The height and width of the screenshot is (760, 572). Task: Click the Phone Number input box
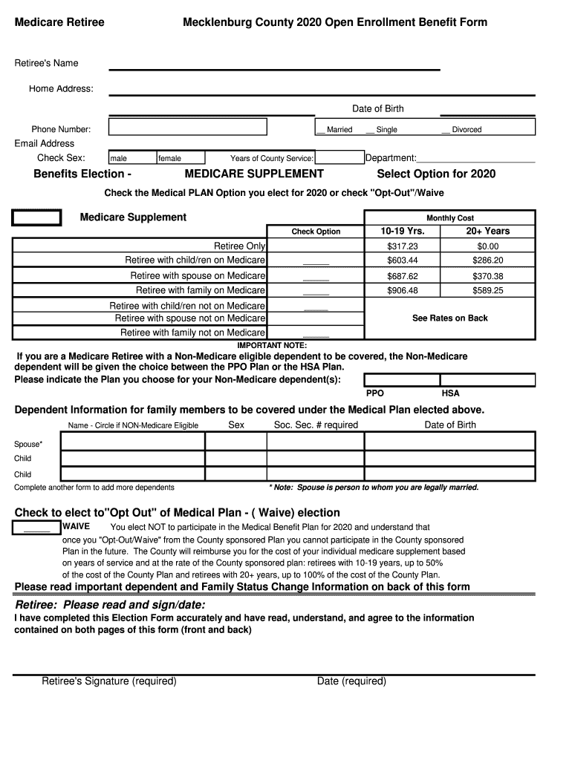tap(187, 128)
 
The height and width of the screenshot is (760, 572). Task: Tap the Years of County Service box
tap(339, 157)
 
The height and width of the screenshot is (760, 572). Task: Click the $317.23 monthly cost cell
tap(403, 246)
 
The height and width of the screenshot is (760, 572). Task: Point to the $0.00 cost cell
tap(488, 246)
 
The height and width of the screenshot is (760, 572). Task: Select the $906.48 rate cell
tap(403, 291)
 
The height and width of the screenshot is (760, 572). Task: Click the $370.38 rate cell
tap(488, 276)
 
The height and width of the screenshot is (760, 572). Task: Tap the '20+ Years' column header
tap(488, 231)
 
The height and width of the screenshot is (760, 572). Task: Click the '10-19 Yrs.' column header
tap(403, 231)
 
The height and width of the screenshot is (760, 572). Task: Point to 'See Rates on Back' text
tap(450, 318)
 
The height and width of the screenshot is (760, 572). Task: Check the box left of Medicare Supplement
tap(36, 217)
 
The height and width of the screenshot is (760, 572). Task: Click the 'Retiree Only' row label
tap(239, 246)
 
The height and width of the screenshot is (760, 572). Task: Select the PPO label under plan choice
tap(375, 393)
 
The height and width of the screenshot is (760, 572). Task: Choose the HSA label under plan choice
tap(450, 393)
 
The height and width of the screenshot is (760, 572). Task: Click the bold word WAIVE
tap(76, 526)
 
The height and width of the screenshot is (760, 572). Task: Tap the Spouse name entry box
tap(132, 442)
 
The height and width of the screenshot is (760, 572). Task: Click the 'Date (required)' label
tap(351, 681)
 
